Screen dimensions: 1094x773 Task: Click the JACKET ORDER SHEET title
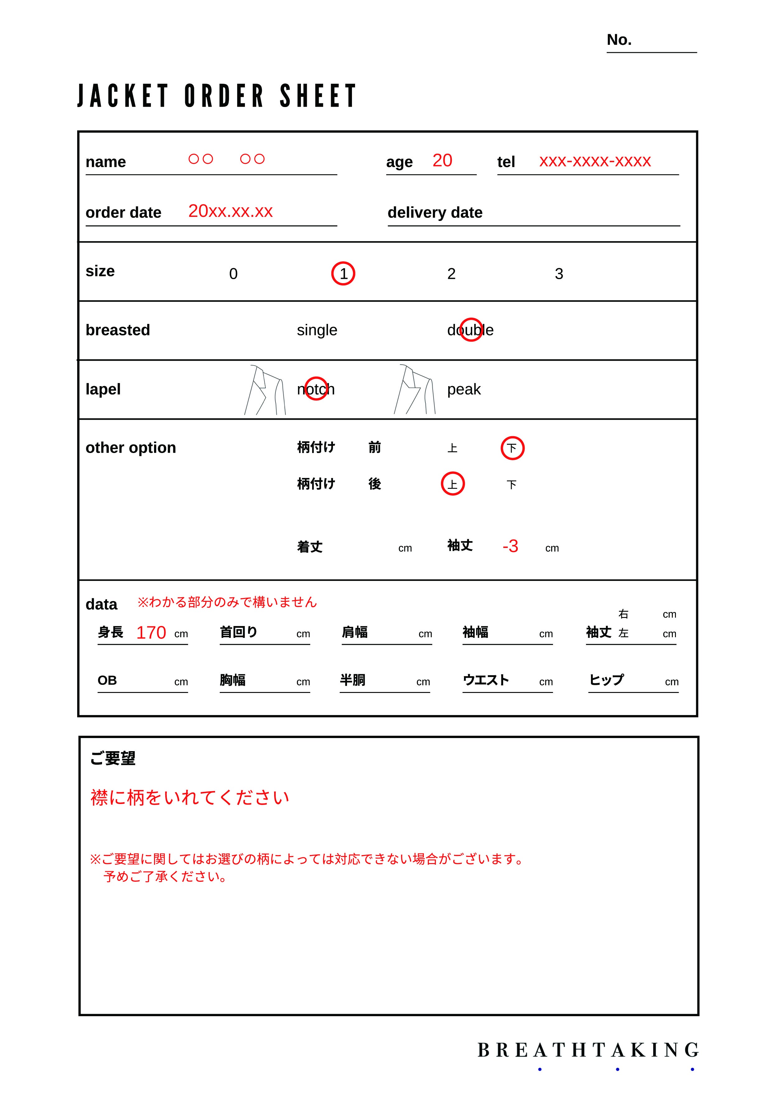click(x=217, y=96)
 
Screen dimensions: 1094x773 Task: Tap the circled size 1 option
click(x=343, y=273)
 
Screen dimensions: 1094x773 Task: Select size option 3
click(x=559, y=274)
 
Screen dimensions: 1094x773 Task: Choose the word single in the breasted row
click(x=317, y=330)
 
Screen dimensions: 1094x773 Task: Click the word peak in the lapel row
click(x=464, y=389)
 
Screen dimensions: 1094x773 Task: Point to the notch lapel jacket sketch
click(x=265, y=390)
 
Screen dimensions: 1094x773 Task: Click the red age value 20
click(x=442, y=161)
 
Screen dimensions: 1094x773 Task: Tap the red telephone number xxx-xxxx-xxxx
click(x=595, y=161)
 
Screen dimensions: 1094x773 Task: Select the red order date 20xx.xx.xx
click(x=230, y=211)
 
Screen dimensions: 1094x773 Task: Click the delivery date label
click(x=435, y=213)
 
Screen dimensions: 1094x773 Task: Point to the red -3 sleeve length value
click(x=510, y=546)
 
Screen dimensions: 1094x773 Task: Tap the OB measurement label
click(x=107, y=680)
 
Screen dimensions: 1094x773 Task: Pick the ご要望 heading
click(x=113, y=758)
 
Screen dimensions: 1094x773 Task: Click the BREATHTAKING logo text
click(x=588, y=1050)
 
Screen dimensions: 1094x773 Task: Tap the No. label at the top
click(x=619, y=40)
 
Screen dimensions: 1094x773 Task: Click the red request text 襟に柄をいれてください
click(x=190, y=797)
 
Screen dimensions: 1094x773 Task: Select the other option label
click(x=131, y=448)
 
